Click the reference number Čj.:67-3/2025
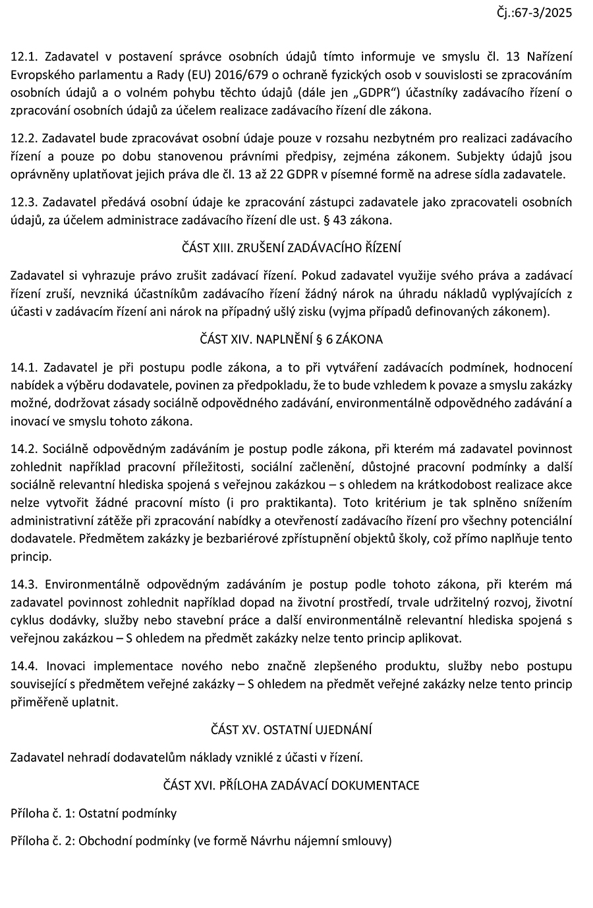coord(536,12)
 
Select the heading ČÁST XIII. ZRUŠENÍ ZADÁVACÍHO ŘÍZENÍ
coord(291,248)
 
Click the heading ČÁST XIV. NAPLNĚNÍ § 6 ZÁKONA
coord(291,340)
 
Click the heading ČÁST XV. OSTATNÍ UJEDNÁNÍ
coord(291,730)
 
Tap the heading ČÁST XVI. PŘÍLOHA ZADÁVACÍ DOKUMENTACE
coord(291,785)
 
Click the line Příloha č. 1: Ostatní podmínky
coord(94,813)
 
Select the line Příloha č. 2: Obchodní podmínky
coord(201,841)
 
